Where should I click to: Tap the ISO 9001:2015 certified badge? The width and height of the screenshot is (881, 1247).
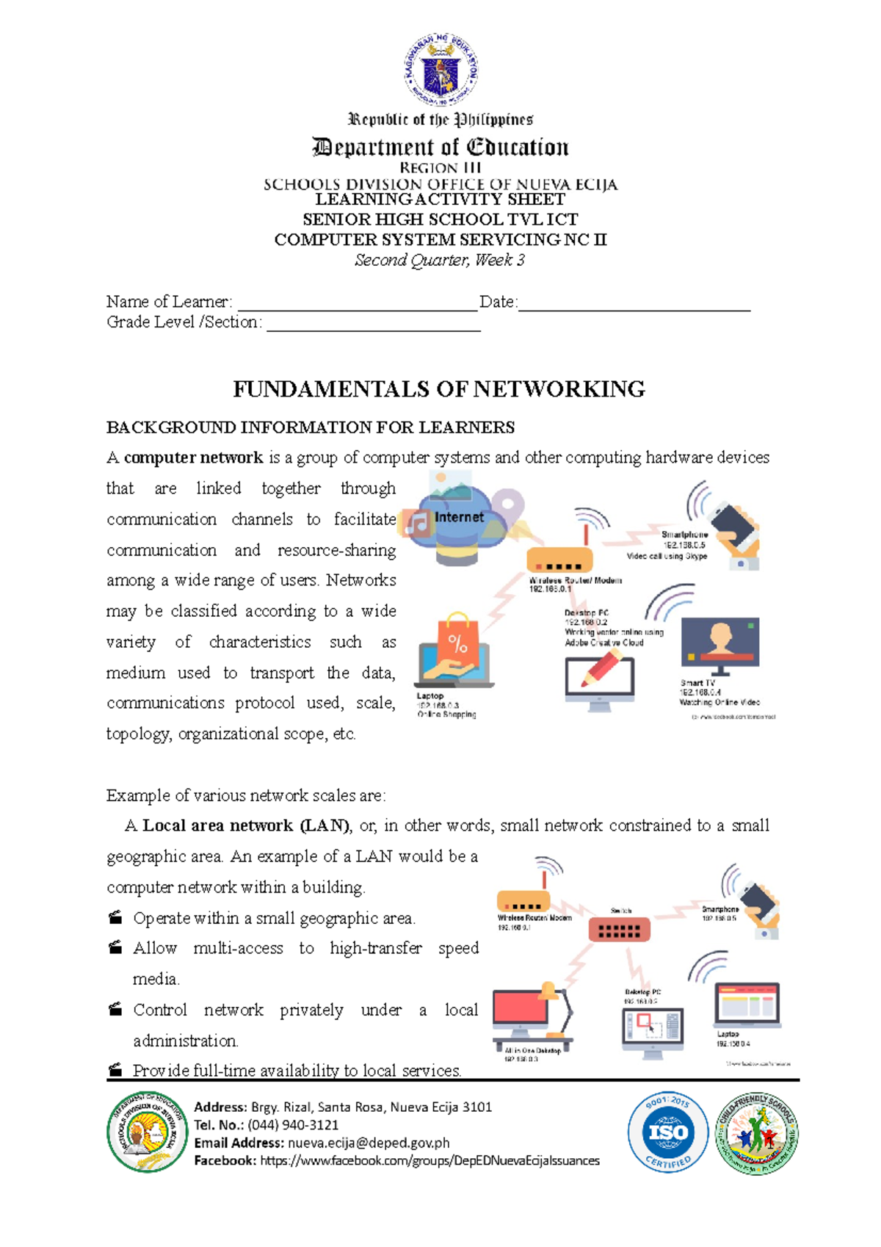point(667,1132)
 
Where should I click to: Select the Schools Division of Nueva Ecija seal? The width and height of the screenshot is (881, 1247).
point(147,1132)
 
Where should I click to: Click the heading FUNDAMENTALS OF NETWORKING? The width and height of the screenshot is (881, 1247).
point(439,388)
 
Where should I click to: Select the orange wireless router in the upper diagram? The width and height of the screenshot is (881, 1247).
point(559,560)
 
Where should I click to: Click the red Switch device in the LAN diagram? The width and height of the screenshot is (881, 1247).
point(619,930)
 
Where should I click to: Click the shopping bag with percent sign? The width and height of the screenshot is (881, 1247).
point(457,640)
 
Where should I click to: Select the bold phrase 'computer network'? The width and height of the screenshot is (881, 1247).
point(193,458)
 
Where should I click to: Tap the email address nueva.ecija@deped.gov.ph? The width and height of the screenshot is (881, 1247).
point(369,1143)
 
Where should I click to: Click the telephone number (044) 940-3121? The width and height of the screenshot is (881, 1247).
point(293,1124)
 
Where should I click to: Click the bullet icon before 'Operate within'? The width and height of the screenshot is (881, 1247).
point(115,917)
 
